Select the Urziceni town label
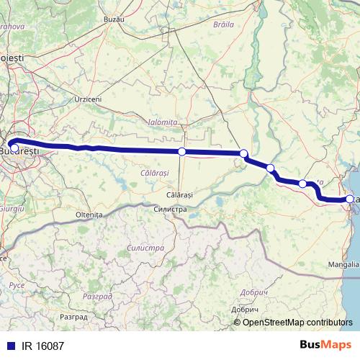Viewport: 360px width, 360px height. pyautogui.click(x=88, y=99)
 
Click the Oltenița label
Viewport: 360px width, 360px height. pyautogui.click(x=89, y=215)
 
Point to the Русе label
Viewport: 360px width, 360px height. pyautogui.click(x=16, y=286)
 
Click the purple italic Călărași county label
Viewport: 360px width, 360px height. pyautogui.click(x=154, y=174)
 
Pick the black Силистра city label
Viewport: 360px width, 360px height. pyautogui.click(x=170, y=209)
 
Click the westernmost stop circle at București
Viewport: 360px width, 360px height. pyautogui.click(x=15, y=148)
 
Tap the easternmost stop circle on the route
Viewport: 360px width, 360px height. pyautogui.click(x=350, y=199)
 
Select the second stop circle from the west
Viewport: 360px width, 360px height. pyautogui.click(x=182, y=151)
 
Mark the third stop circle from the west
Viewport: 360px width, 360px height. pyautogui.click(x=244, y=153)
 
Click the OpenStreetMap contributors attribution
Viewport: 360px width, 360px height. pyautogui.click(x=297, y=322)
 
